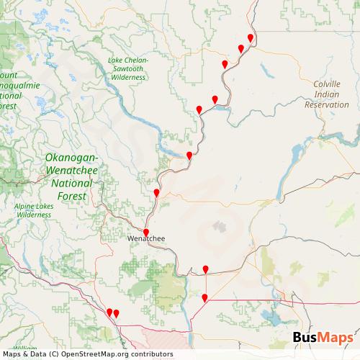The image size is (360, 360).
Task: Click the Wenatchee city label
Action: pos(145,238)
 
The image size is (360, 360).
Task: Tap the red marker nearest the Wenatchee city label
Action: pos(146,232)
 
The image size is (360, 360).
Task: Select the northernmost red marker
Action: pos(251,37)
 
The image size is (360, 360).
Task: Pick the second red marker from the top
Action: pos(241,48)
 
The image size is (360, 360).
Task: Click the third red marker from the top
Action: pos(225,64)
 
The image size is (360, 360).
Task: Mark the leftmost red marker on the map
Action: pos(109,312)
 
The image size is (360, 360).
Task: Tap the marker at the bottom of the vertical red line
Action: pos(204,297)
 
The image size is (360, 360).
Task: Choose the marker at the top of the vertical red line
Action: pos(205,269)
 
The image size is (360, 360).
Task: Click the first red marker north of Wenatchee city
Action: pos(156,192)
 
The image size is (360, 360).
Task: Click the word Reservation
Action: pos(326,104)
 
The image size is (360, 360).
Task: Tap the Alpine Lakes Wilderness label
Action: pos(34,210)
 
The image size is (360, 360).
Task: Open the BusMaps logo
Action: pos(323,338)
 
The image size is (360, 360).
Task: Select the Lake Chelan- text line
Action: pos(128,60)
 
